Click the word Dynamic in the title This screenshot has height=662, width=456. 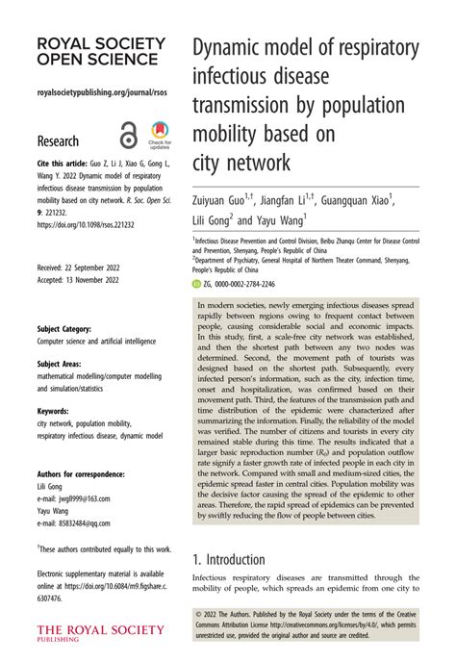(232, 49)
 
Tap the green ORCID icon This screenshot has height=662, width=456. (197, 284)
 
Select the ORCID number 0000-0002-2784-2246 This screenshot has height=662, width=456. (249, 284)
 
